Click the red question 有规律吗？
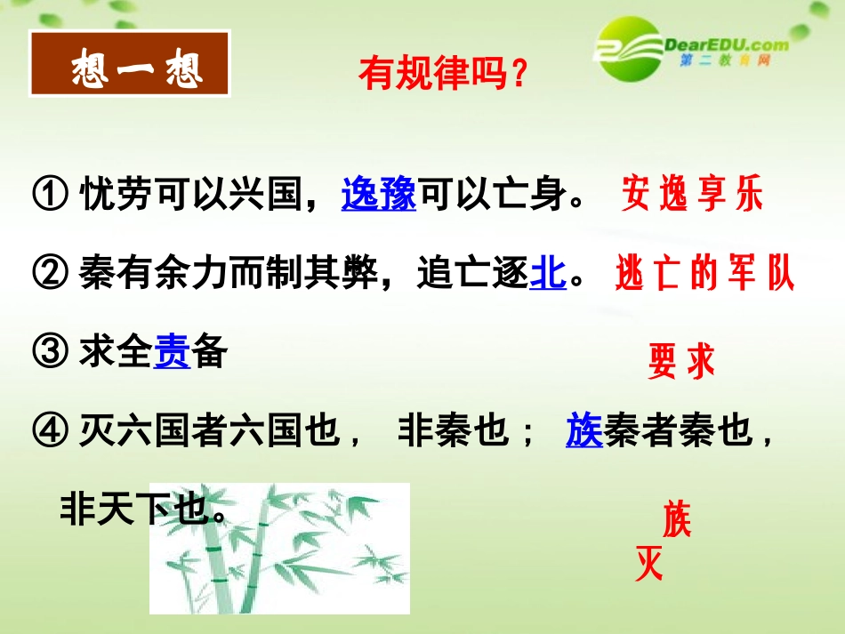444,75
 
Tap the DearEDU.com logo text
726,44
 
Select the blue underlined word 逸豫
379,195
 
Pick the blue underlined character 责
173,353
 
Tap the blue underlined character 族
584,432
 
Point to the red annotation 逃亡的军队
704,275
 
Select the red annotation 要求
681,362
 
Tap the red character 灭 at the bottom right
649,564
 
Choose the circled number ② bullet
49,275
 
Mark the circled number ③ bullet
49,354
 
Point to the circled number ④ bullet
49,433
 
